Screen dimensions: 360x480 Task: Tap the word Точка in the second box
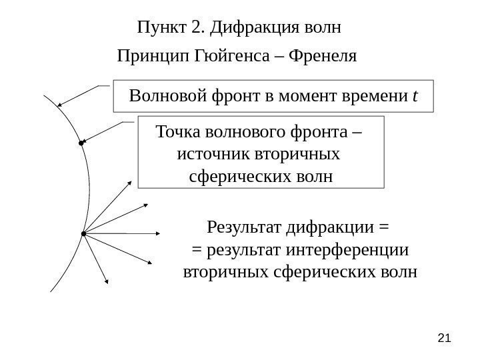(x=175, y=131)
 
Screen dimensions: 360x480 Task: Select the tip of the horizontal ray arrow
(x=162, y=233)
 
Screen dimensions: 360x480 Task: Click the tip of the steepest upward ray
(x=131, y=181)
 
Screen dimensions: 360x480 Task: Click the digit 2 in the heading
(x=195, y=29)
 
